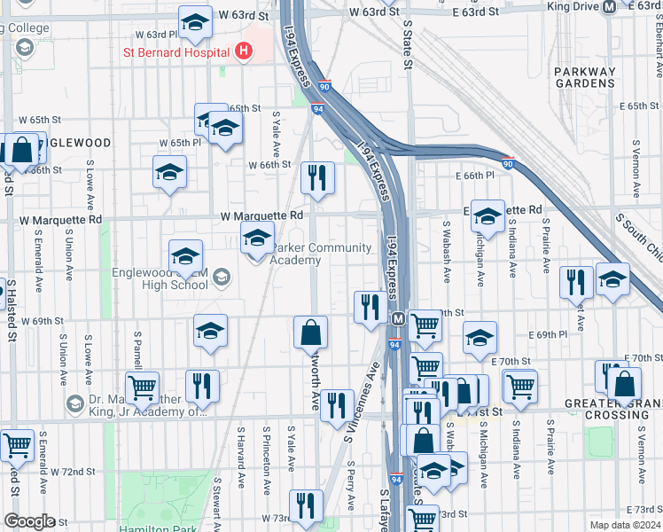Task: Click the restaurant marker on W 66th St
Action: pyautogui.click(x=316, y=178)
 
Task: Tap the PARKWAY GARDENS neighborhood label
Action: pyautogui.click(x=583, y=77)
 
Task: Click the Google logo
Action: pyautogui.click(x=29, y=521)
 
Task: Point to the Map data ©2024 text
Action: pyautogui.click(x=624, y=524)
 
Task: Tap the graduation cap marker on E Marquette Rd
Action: pyautogui.click(x=487, y=216)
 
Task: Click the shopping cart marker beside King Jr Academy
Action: pyautogui.click(x=142, y=387)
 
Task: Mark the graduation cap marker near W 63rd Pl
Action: pyautogui.click(x=195, y=22)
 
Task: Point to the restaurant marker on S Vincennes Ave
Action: pyautogui.click(x=336, y=406)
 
